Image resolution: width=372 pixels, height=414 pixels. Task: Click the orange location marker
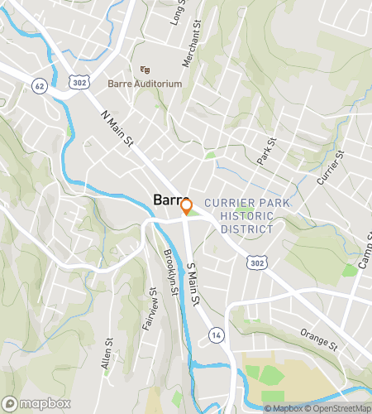(186, 206)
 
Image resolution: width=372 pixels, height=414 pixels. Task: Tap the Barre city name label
(169, 200)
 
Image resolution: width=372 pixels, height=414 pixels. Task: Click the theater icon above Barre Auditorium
(145, 70)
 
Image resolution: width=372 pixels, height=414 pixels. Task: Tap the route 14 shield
(217, 334)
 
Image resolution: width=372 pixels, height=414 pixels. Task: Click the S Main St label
(193, 284)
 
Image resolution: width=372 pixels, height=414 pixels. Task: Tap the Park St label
(265, 152)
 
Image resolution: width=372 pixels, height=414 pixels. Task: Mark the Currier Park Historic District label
(238, 215)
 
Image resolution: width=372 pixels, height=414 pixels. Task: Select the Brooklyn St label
(169, 267)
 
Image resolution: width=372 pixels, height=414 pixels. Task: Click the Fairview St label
(149, 309)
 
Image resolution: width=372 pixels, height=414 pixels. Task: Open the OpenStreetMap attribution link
(339, 408)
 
